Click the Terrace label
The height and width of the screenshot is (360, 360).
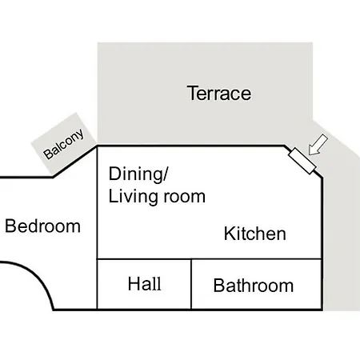[219, 93]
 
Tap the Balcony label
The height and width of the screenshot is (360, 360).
[64, 144]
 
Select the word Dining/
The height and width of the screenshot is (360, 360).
[138, 174]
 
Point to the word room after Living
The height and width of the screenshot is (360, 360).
[185, 198]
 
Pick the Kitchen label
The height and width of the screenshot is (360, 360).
[255, 234]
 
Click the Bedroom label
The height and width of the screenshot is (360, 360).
[42, 226]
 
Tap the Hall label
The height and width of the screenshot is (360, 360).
[145, 283]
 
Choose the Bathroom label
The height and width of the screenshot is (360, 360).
[254, 286]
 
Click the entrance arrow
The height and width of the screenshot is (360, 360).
[318, 145]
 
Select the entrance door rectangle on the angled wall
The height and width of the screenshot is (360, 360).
[302, 161]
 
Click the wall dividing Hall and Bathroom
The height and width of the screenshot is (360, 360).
[191, 284]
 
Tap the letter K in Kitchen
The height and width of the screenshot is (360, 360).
[230, 234]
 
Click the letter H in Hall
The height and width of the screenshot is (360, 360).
[134, 283]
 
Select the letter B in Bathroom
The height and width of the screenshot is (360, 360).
[219, 286]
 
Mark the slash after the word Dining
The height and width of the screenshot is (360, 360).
[166, 174]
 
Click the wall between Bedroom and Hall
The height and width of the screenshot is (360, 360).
[97, 284]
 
